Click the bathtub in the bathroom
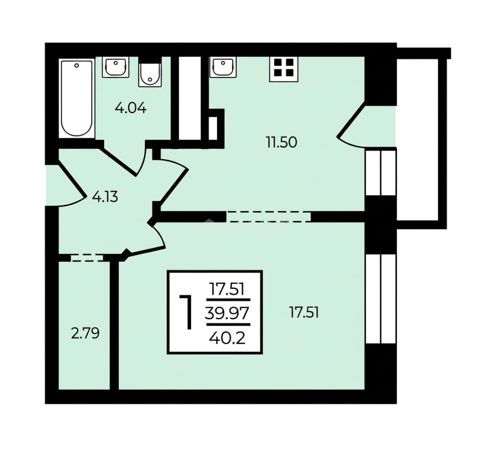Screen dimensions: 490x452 pos(77,98)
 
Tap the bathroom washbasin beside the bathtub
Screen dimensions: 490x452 pos(116,67)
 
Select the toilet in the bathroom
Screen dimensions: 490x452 pos(150,75)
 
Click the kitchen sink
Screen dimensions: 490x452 pos(223,67)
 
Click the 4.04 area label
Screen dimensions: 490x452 pos(131,108)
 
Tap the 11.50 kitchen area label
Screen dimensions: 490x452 pos(281,142)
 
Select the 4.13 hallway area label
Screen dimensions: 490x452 pos(105,197)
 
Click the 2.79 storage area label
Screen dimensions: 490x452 pos(85,334)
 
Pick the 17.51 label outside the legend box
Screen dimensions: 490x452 pos(304,313)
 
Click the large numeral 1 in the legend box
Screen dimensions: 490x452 pos(186,313)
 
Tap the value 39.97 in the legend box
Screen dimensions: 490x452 pos(227,313)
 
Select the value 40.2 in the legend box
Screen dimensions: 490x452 pos(227,338)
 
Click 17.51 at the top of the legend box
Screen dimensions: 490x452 pos(227,289)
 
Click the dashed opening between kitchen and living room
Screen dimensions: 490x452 pos(269,217)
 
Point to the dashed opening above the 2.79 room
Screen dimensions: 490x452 pos(87,258)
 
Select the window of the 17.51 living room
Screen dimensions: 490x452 pos(381,299)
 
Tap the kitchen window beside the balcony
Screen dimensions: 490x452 pos(381,173)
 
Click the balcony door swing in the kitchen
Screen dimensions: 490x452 pos(363,126)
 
